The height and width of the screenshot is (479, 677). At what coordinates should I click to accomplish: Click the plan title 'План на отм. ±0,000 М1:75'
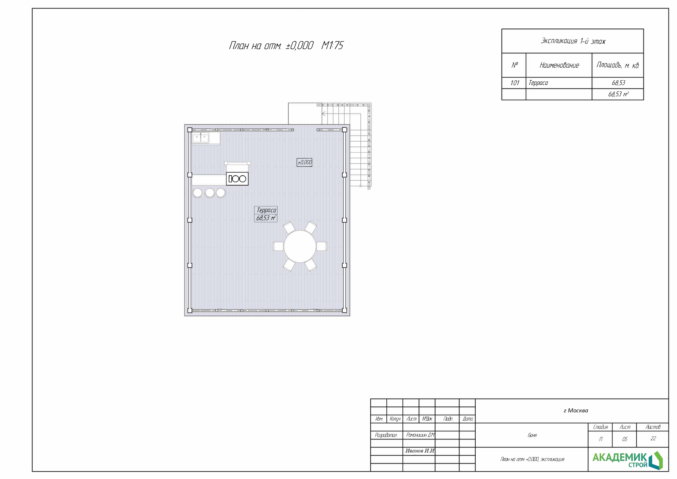(286, 45)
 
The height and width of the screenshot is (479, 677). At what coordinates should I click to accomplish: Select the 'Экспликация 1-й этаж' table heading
(573, 41)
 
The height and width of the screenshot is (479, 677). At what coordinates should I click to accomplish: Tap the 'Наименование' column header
(559, 65)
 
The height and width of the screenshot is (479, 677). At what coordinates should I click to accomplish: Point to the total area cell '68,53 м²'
(618, 94)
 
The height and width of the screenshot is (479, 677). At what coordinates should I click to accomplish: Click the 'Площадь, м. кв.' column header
(618, 65)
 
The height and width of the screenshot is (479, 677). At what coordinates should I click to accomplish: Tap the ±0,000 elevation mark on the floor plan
(305, 162)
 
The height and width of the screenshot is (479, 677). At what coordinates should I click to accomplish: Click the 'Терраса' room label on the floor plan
(266, 210)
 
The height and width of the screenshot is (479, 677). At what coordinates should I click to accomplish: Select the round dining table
(300, 246)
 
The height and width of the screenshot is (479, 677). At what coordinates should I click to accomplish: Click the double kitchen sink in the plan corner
(201, 138)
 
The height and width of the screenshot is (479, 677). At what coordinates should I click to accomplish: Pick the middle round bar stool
(210, 193)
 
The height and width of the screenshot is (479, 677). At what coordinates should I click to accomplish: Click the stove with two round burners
(237, 179)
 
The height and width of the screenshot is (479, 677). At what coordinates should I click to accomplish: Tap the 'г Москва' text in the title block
(575, 410)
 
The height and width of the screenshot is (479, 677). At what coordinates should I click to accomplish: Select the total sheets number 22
(653, 439)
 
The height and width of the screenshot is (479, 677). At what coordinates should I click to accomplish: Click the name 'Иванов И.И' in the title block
(420, 451)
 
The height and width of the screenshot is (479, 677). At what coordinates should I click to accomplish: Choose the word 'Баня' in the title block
(532, 435)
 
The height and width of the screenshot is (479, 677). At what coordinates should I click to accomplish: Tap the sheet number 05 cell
(625, 439)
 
